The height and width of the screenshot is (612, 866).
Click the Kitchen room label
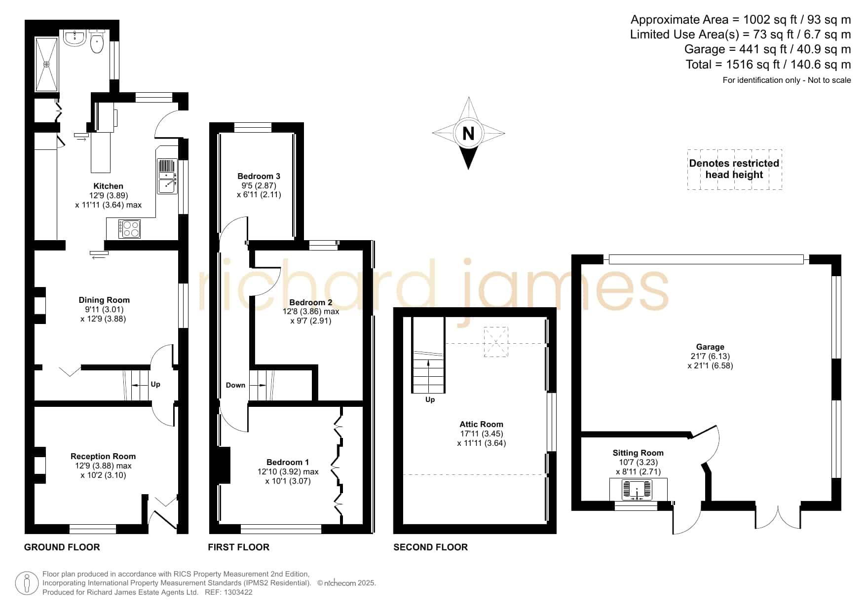pos(108,186)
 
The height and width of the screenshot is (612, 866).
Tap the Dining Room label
pos(104,300)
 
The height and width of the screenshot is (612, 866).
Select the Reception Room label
pos(103,456)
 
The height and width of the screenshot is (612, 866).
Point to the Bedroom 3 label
pos(259,176)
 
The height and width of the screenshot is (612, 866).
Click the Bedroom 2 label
pos(310,302)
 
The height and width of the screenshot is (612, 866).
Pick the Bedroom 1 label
pos(288,462)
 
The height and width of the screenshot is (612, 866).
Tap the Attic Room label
pos(481,424)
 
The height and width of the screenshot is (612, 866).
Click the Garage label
pos(710,347)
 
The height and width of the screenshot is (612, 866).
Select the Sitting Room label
pos(638,453)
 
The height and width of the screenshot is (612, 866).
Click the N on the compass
pos(468,133)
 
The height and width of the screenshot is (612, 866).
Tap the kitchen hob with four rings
pos(130,229)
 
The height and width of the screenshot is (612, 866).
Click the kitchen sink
pos(167,177)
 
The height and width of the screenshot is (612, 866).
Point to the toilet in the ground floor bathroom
pos(97,41)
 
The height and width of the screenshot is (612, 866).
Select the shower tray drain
pos(47,64)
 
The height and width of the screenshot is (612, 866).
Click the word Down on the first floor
pos(235,385)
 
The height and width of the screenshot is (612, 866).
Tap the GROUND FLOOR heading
pos(62,547)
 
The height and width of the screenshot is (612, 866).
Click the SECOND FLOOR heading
pos(430,547)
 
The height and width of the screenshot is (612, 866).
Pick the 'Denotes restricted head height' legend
pos(734,169)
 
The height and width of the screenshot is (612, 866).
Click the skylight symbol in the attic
pos(496,342)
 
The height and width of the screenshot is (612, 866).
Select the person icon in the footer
pos(27,583)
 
